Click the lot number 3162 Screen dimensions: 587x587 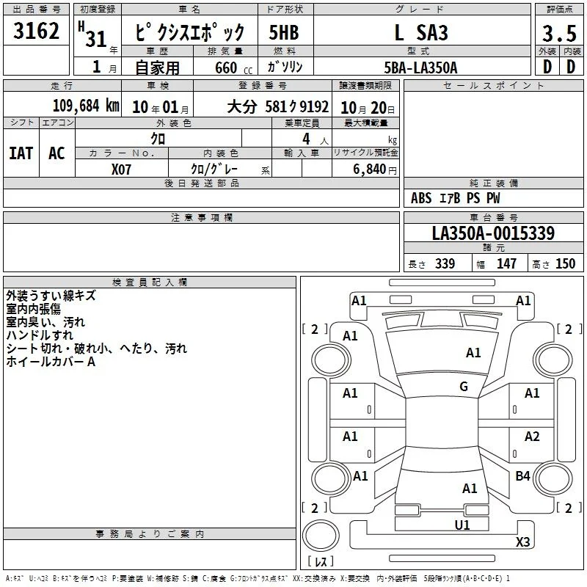(36, 31)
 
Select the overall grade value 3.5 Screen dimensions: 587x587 (559, 33)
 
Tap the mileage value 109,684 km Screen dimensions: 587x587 (86, 106)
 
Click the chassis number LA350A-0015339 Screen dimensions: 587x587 (493, 233)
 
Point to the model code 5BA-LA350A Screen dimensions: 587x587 (420, 68)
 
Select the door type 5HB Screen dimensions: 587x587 (284, 32)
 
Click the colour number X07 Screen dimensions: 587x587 (121, 169)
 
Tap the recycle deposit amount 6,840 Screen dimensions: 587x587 (370, 169)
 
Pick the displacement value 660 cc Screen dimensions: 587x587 (233, 68)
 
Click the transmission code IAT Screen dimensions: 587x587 (21, 153)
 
